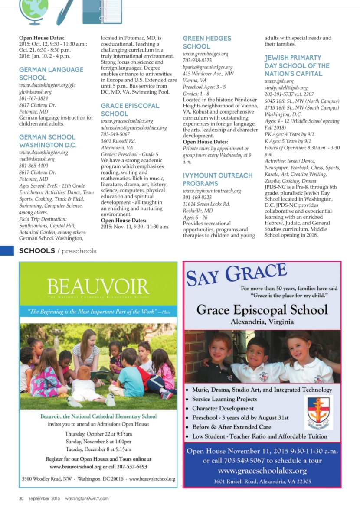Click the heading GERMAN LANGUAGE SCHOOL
click(51, 74)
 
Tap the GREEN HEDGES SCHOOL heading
click(207, 42)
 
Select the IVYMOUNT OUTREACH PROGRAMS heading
click(217, 179)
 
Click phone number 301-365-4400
click(33, 166)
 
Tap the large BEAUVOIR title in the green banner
click(98, 286)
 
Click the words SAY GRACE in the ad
click(236, 275)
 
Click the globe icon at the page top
click(31, 11)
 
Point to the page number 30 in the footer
click(21, 498)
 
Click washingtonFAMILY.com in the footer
click(87, 498)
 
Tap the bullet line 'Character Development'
click(223, 409)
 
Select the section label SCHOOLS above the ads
click(37, 251)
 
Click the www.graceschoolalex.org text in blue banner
click(262, 471)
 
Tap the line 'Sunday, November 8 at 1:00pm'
click(98, 442)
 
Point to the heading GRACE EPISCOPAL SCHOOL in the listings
click(130, 110)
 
